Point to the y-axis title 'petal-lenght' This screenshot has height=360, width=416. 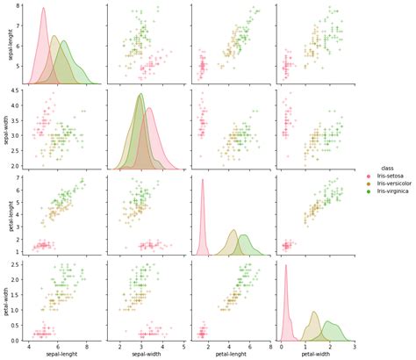6,214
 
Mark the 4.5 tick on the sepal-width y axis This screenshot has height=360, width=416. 17,90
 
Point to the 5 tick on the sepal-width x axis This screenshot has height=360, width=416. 183,345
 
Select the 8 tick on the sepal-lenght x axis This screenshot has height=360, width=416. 88,345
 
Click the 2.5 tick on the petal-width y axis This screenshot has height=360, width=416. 17,263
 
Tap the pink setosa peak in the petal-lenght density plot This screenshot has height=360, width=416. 203,180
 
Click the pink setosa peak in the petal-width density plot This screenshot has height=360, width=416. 285,266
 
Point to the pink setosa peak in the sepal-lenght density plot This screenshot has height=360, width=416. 44,9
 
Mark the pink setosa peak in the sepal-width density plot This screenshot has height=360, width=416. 149,109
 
